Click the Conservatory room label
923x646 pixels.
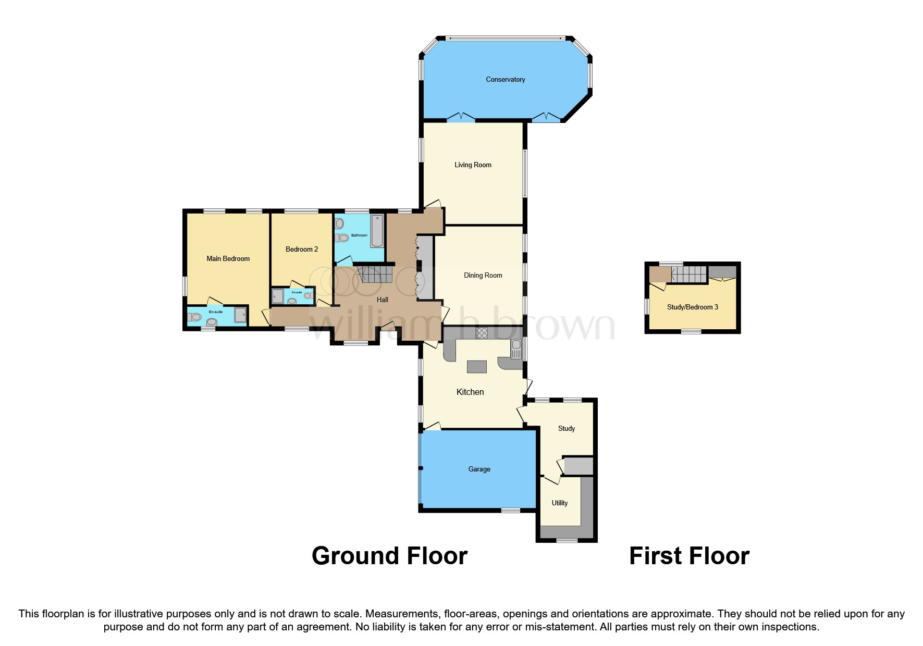coord(505,80)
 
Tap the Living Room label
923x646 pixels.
coord(473,165)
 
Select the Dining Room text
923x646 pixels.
coord(483,276)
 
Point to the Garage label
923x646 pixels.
coord(479,469)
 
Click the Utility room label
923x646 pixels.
coord(559,503)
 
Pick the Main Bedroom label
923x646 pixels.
coord(228,259)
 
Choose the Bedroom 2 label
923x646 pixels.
coord(301,250)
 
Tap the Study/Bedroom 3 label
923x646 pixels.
coord(692,307)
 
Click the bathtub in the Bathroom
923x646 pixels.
coord(377,232)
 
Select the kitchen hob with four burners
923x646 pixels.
coord(482,333)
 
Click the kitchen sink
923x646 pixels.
coord(516,349)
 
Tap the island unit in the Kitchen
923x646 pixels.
coord(476,367)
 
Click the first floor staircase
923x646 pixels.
coord(688,274)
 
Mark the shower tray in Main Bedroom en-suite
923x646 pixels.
coord(240,315)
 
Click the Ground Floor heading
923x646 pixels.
coord(389,556)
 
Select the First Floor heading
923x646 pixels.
coord(689,556)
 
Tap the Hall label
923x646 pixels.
coord(383,300)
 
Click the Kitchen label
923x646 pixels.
coord(470,392)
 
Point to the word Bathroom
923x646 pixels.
coord(359,235)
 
